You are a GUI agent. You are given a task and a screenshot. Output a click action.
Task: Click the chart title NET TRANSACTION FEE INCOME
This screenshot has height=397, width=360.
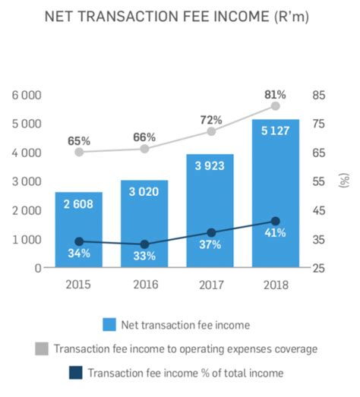click(x=180, y=16)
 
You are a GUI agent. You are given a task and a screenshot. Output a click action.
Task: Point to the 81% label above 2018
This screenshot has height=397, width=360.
click(x=275, y=94)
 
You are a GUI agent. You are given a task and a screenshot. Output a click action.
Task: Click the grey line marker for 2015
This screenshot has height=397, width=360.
click(x=79, y=152)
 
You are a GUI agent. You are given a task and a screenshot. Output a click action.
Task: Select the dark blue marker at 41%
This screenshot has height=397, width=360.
click(x=276, y=221)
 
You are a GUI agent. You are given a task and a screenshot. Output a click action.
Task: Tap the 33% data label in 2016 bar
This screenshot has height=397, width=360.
click(x=144, y=256)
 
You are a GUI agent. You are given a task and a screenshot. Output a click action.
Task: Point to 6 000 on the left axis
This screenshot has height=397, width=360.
click(x=26, y=95)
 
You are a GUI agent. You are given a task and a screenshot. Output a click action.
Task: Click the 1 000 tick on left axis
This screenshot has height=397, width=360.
click(x=26, y=239)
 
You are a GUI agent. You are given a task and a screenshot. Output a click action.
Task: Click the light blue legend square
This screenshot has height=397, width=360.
click(x=109, y=325)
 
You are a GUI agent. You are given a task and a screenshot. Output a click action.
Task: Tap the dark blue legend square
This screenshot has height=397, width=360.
click(x=75, y=373)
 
